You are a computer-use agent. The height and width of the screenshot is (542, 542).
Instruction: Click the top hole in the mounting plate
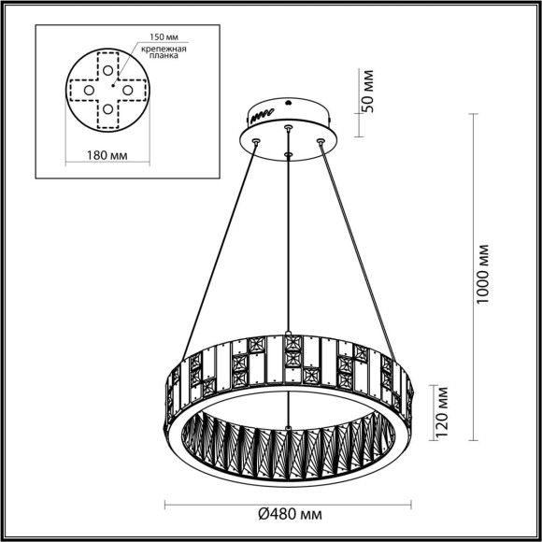pyautogui.click(x=109, y=71)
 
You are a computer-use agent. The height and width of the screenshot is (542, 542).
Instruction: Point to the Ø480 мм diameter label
pyautogui.click(x=289, y=514)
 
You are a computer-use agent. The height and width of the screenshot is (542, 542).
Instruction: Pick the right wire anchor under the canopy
pyautogui.click(x=321, y=141)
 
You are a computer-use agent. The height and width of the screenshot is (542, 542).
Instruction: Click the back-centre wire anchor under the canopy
pyautogui.click(x=289, y=124)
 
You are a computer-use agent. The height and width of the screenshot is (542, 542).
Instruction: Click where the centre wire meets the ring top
pyautogui.click(x=289, y=334)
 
